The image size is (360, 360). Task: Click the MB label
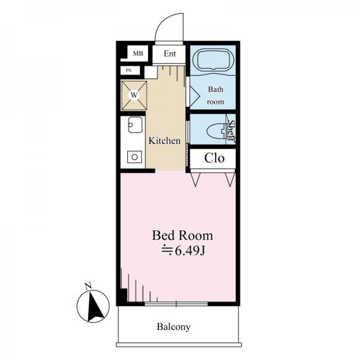point(138,53)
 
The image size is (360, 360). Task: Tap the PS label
point(128,70)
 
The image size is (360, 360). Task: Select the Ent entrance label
point(170,54)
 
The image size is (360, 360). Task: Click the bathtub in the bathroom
point(214,59)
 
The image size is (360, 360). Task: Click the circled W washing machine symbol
point(134,95)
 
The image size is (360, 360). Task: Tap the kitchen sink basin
point(135,125)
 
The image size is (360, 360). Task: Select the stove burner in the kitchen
point(135,157)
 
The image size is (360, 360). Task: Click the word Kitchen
point(164,141)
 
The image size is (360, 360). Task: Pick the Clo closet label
point(214,158)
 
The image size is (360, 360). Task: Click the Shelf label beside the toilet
point(231,131)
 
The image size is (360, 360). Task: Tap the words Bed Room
point(182,236)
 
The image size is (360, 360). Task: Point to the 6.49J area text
point(183,251)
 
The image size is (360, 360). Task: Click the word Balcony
point(173,327)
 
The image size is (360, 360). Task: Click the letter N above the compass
point(88,286)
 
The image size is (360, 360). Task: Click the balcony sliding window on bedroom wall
point(176,304)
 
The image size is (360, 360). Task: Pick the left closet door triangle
point(196,179)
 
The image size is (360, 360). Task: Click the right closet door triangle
point(230,179)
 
